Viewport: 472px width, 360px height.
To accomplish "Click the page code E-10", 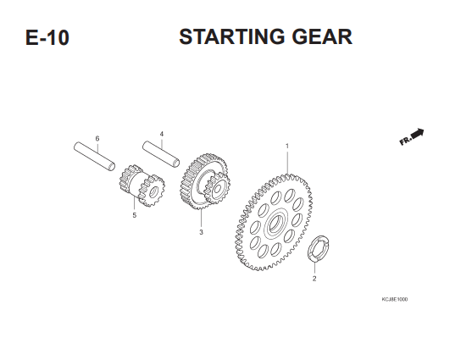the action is pos(47,37).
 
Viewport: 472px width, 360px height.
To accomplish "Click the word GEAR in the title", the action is pos(322,36).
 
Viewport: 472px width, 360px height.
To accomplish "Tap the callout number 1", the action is pos(287,146).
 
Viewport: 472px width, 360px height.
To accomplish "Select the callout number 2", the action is pos(314,279).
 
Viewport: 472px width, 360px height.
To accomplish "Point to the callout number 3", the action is pos(201,232).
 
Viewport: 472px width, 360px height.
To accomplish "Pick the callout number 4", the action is pos(162,134).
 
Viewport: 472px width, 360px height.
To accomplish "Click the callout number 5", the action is pos(134,215).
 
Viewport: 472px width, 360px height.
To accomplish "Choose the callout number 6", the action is pos(97,138).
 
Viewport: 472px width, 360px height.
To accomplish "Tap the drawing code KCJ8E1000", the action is pos(395,299).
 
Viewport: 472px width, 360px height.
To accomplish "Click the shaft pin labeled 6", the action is pos(94,157).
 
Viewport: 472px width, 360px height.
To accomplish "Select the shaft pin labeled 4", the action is pos(161,154).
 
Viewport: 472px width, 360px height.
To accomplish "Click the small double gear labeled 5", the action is pos(142,186).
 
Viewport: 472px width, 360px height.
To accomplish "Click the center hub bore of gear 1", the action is pos(275,224).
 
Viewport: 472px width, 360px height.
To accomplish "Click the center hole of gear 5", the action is pos(153,191).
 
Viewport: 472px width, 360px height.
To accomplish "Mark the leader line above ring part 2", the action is pos(314,267).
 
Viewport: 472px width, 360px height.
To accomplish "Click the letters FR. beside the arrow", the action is pos(405,141).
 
